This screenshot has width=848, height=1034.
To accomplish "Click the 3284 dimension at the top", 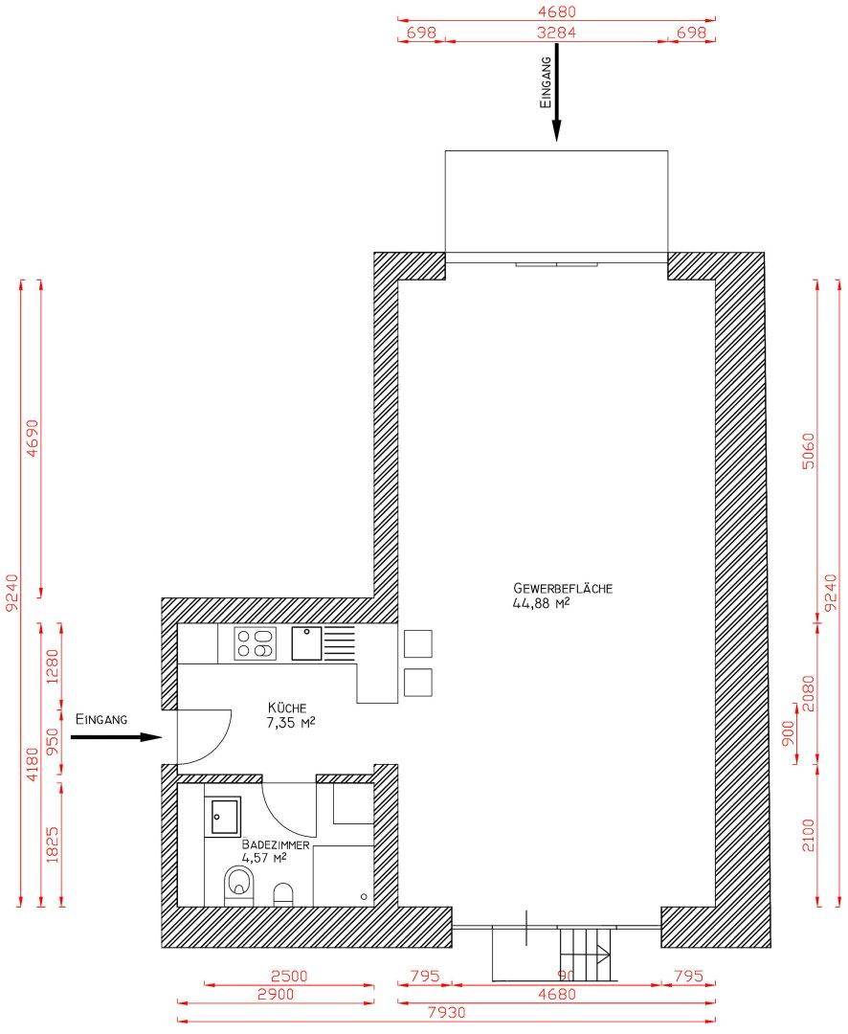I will pyautogui.click(x=557, y=33).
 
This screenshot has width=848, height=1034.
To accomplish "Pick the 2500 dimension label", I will pyautogui.click(x=289, y=977).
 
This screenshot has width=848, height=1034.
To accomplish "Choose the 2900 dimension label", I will pyautogui.click(x=275, y=995).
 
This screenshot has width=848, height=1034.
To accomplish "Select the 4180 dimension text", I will pyautogui.click(x=33, y=764).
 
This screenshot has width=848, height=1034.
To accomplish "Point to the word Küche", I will pyautogui.click(x=287, y=708).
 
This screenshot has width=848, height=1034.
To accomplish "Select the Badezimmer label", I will pyautogui.click(x=276, y=844).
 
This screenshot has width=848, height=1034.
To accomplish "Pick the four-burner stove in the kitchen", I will pyautogui.click(x=256, y=642).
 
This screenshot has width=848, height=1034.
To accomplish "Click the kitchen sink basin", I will pyautogui.click(x=305, y=642).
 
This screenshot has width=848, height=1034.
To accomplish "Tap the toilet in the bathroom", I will pyautogui.click(x=237, y=885).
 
